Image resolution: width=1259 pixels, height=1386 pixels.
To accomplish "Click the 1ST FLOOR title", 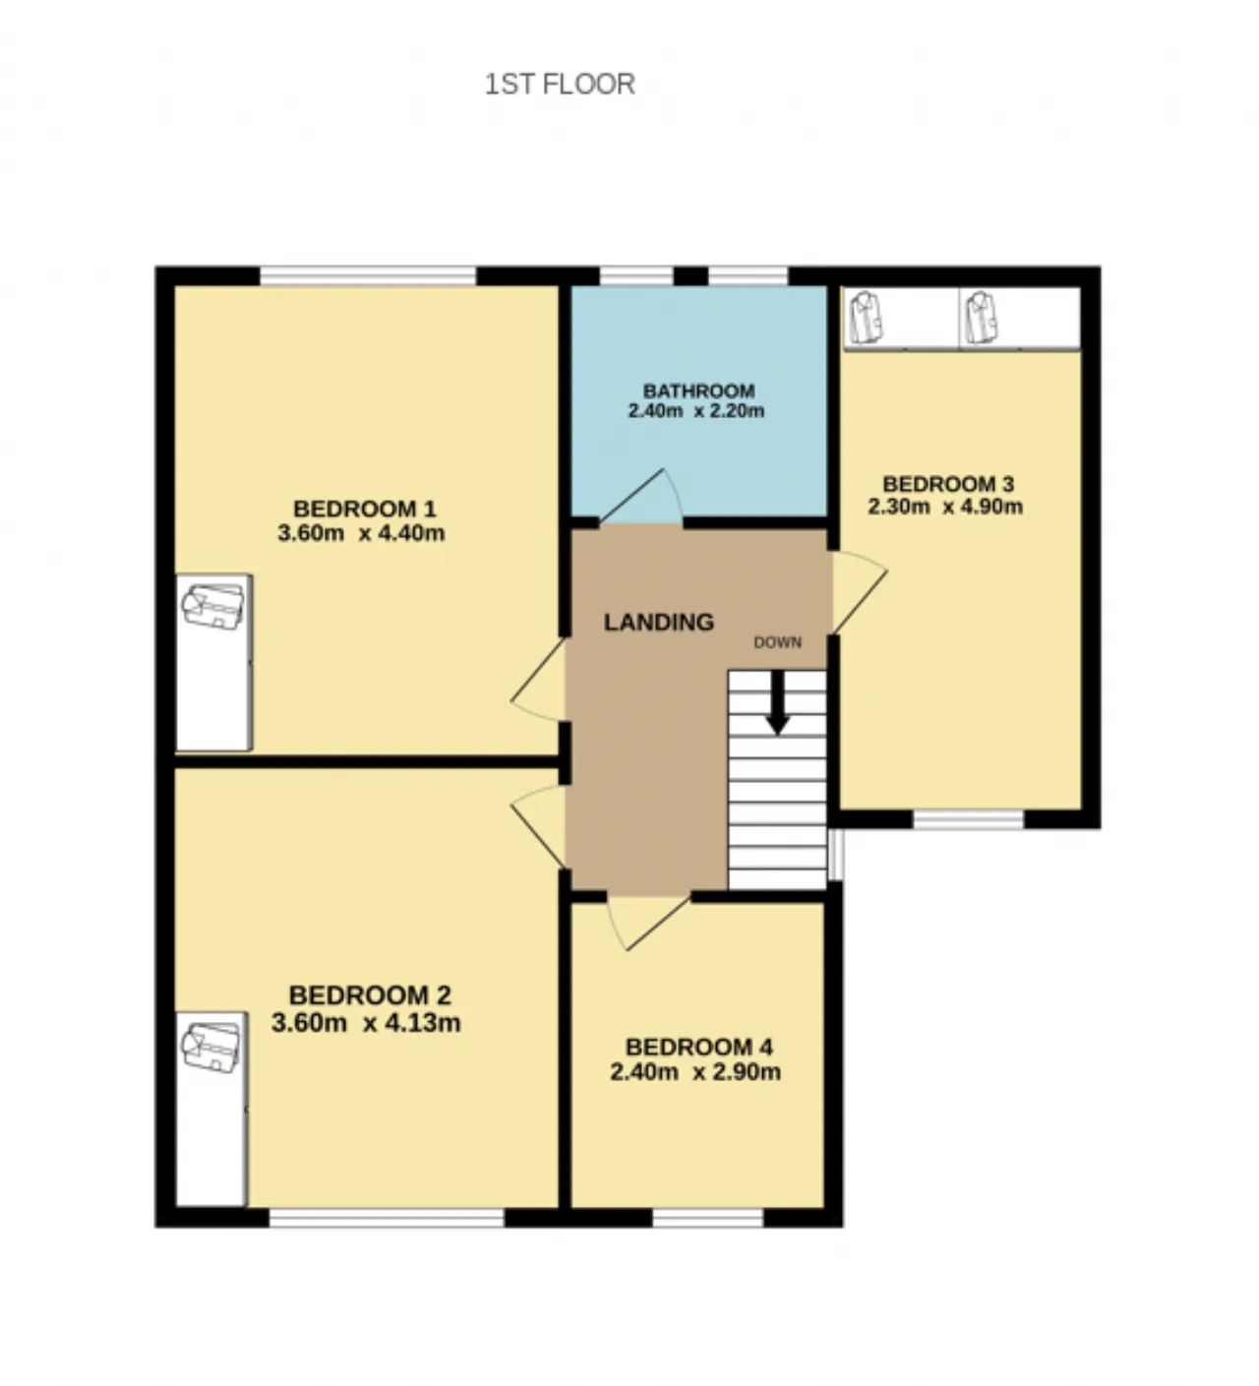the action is (x=559, y=85).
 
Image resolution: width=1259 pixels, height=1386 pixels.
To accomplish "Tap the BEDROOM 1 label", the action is (x=364, y=510).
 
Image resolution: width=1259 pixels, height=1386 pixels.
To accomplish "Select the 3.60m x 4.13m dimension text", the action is (x=366, y=1023).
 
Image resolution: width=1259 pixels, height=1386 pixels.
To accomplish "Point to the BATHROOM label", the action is (x=698, y=391).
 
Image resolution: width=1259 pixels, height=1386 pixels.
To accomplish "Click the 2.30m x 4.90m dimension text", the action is (x=944, y=507).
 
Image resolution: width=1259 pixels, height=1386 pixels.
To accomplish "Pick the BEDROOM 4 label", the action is (x=698, y=1047).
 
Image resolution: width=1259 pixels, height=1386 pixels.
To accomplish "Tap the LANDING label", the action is (x=659, y=623).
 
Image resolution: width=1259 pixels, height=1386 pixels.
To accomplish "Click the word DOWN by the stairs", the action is (x=777, y=642).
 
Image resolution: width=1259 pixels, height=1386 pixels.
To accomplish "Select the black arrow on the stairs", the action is (x=778, y=701).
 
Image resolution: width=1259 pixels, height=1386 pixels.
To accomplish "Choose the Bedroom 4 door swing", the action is (x=646, y=923).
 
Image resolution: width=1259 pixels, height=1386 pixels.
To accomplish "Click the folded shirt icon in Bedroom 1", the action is (x=212, y=607).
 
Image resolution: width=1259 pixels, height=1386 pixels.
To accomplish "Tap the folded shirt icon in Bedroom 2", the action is (x=211, y=1047).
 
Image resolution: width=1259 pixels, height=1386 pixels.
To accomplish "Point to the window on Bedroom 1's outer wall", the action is (x=368, y=276).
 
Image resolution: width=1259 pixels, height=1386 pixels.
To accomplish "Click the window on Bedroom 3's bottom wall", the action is (x=968, y=819).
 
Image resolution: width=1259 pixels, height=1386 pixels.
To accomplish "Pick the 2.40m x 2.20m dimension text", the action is (x=695, y=411).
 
